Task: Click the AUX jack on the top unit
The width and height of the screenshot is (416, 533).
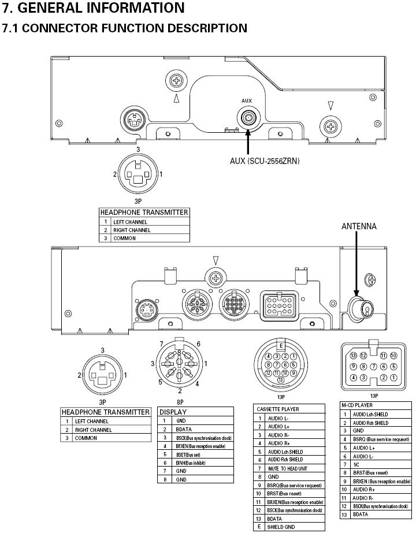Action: (x=248, y=118)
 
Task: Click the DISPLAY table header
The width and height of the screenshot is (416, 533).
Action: (x=173, y=412)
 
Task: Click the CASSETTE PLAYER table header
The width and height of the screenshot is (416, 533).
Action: (x=278, y=409)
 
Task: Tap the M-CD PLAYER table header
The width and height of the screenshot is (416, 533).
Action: (x=357, y=405)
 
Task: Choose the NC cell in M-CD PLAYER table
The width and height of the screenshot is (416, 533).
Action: (x=356, y=464)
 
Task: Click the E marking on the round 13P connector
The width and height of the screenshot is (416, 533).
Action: (x=281, y=346)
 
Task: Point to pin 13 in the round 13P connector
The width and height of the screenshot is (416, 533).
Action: (x=281, y=380)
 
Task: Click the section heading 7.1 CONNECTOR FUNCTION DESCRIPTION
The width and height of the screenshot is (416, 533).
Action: (x=125, y=28)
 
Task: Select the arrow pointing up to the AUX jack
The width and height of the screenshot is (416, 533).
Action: (x=248, y=141)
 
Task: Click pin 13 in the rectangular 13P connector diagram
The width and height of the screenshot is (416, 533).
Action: (x=354, y=356)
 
